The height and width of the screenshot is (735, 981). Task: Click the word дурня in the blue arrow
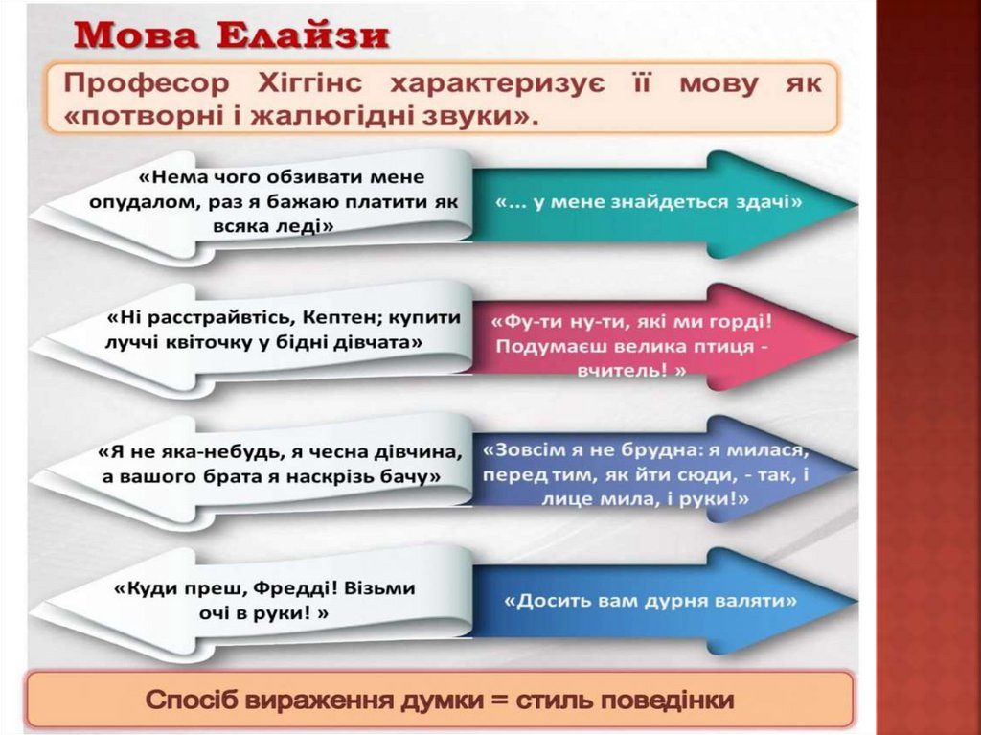coord(679,601)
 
